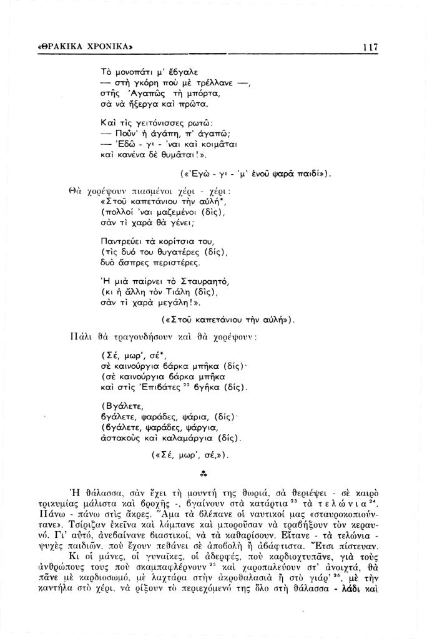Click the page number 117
coord(369,47)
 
